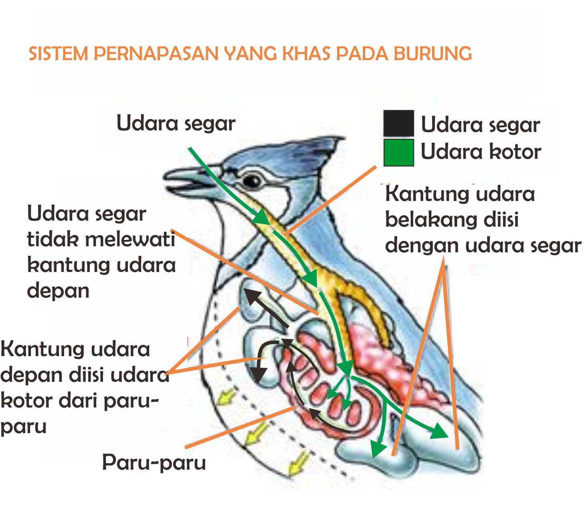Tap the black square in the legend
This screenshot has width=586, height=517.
(398, 123)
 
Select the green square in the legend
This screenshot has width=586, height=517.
(398, 152)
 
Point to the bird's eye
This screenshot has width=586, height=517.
(252, 181)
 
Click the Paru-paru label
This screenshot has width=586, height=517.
(154, 462)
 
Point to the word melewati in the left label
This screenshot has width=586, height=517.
(130, 239)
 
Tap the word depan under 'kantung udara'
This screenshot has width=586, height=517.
(58, 291)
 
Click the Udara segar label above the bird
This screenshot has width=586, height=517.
(176, 123)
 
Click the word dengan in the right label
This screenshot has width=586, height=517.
(415, 245)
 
